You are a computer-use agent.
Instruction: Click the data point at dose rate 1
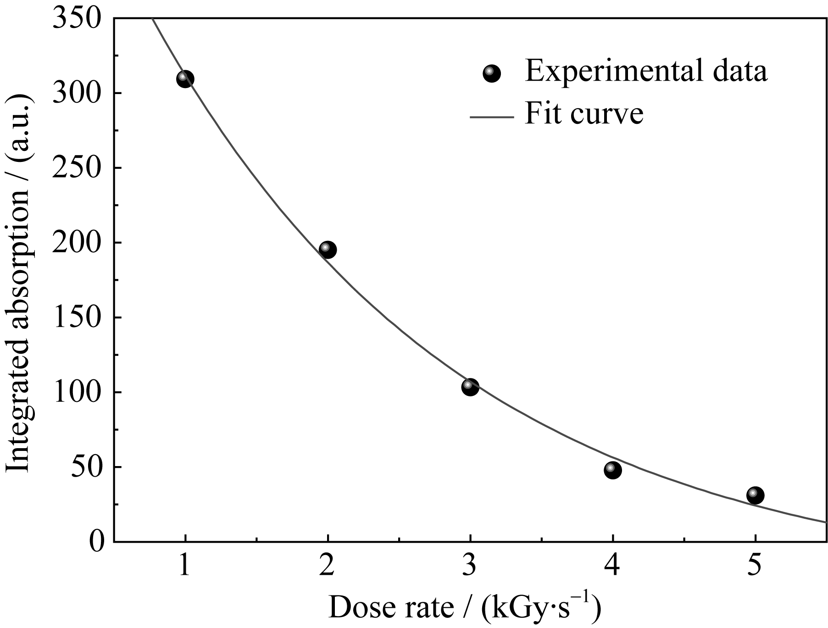185,79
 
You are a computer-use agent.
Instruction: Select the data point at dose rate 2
327,250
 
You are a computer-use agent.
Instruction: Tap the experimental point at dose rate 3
470,387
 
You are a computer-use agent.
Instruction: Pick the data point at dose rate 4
612,470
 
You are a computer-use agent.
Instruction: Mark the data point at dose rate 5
755,495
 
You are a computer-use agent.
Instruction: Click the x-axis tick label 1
185,565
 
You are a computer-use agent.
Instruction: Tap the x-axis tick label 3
470,565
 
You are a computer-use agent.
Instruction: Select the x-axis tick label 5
755,565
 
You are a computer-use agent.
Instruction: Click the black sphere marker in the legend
492,73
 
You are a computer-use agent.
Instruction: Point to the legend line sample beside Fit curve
491,117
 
